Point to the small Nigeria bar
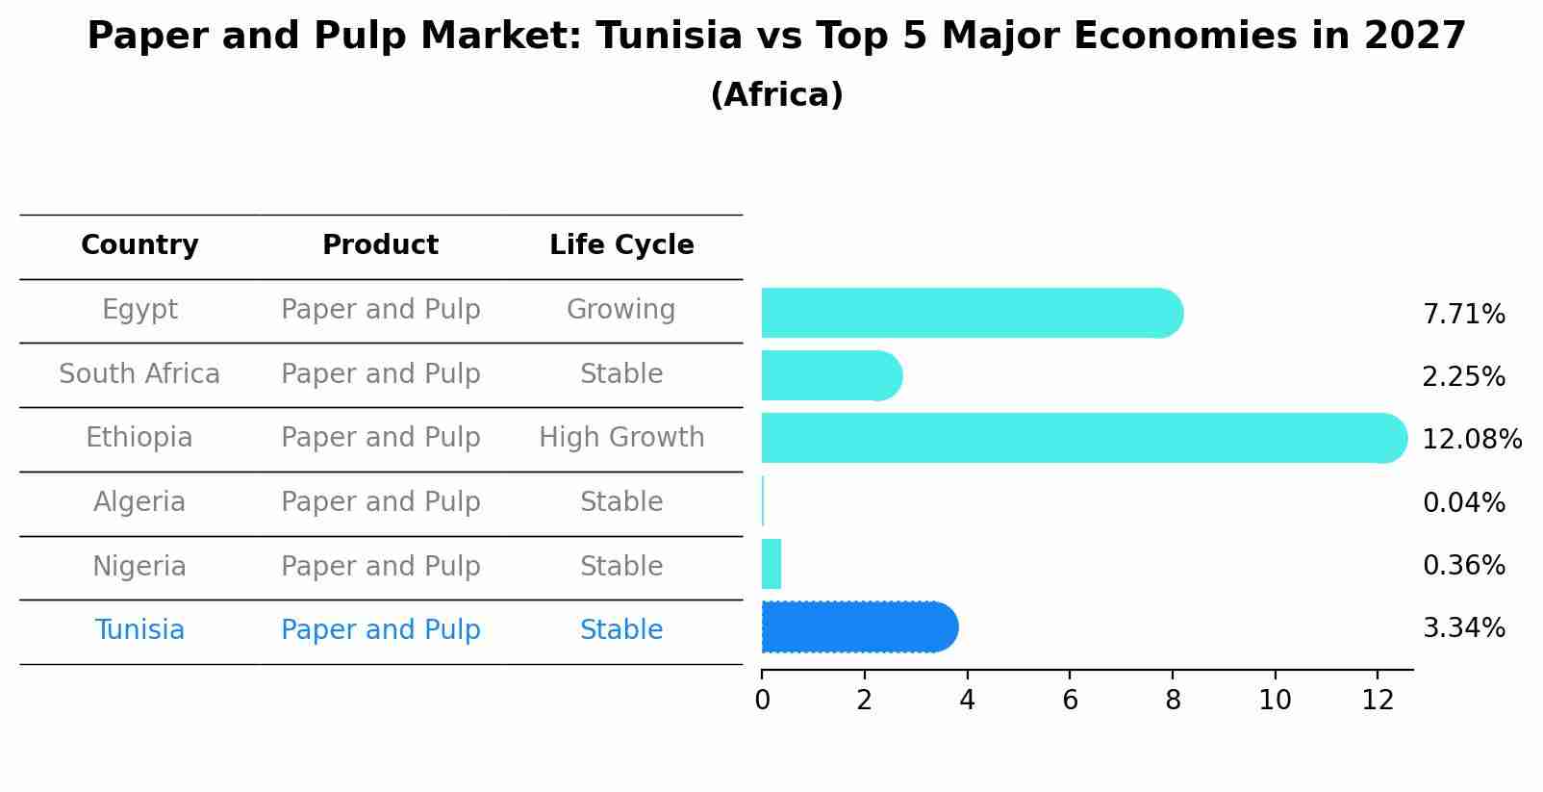[771, 564]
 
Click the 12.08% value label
[1471, 440]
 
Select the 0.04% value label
[1463, 502]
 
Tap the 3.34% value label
[1463, 628]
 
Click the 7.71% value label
[1463, 315]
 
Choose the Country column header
[139, 245]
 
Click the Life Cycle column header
[621, 245]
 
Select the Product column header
[380, 245]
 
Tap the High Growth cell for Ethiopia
[621, 438]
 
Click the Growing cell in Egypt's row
[620, 310]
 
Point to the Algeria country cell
[139, 502]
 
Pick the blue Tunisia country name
[139, 630]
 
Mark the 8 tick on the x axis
[1173, 700]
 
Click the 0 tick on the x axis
[762, 700]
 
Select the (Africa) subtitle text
[776, 95]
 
